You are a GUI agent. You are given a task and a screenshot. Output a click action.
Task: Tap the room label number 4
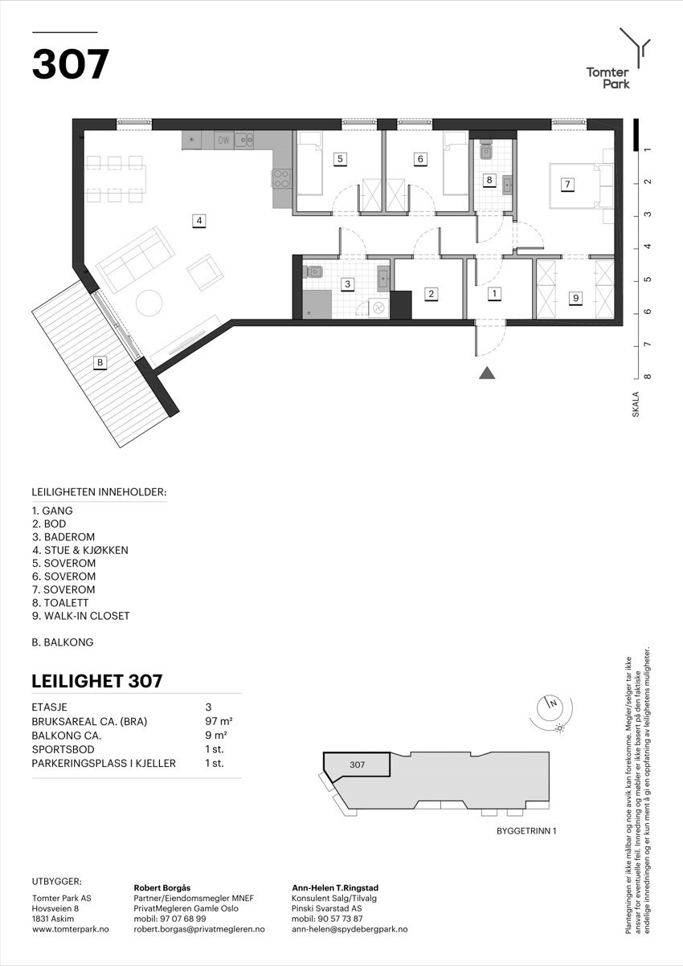198,220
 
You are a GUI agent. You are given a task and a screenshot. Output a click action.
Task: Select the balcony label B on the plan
100,363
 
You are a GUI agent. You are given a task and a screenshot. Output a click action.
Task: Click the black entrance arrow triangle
486,372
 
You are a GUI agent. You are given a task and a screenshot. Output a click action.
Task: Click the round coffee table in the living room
149,303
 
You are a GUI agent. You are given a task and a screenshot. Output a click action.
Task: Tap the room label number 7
567,185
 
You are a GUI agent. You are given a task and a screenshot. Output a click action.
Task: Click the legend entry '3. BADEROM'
63,537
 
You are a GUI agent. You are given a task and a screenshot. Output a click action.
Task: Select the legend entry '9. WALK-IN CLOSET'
80,616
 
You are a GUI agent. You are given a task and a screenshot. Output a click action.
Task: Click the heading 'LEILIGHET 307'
97,681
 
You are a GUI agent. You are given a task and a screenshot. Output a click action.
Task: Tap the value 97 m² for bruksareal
219,721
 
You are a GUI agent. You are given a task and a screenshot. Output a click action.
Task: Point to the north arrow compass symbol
551,704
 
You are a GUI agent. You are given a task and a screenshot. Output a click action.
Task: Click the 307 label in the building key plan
357,764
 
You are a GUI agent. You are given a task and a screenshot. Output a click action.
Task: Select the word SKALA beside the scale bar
635,401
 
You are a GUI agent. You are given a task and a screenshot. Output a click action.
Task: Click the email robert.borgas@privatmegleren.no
198,929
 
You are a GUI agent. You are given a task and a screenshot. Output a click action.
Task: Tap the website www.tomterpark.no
70,929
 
